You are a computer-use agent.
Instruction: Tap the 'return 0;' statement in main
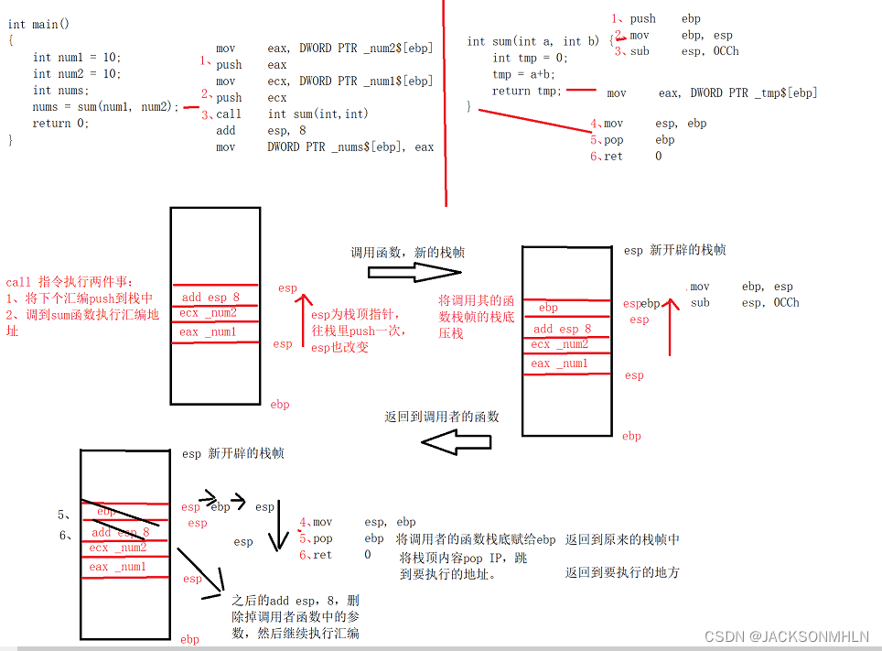61,124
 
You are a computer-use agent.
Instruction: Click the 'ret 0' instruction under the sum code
631,157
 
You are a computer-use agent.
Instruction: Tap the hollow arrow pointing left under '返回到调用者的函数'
456,443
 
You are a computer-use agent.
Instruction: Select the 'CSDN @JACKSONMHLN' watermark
794,635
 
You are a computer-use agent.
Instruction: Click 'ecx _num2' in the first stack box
209,313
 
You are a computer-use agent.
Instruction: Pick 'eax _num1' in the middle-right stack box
559,363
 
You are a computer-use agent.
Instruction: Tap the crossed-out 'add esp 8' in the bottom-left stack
120,532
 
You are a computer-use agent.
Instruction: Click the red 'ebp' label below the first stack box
280,404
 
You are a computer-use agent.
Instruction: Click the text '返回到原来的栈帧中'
622,539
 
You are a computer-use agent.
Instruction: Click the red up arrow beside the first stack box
300,320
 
